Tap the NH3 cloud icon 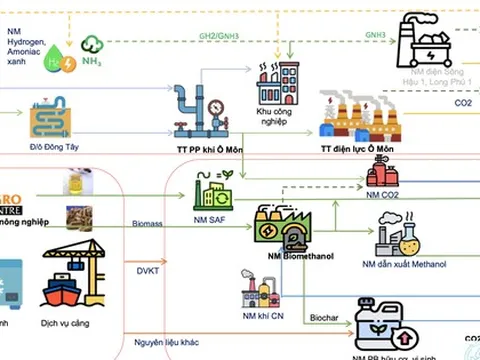(92, 48)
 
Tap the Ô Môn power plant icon (359, 114)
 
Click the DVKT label (147, 269)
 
